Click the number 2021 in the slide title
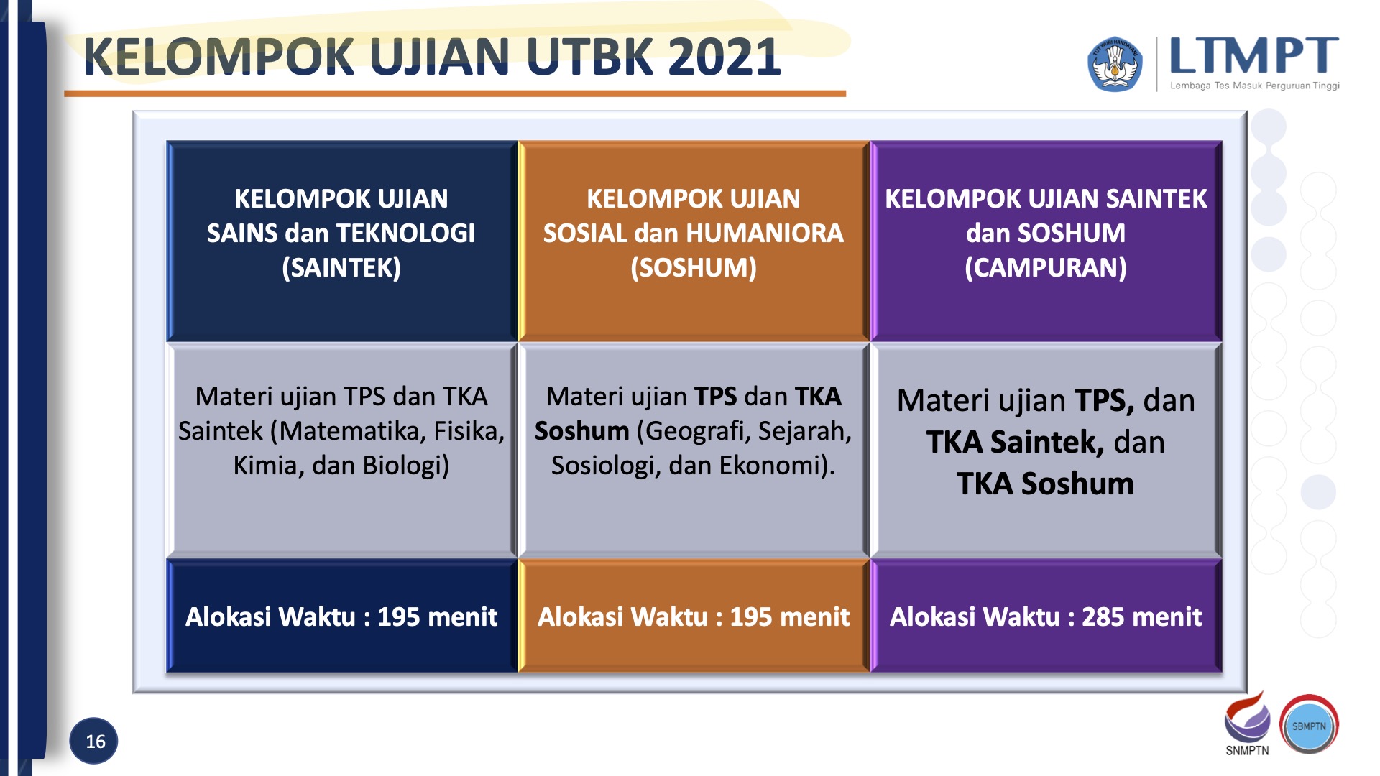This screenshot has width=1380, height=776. (724, 57)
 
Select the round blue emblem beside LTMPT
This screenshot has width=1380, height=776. (1114, 65)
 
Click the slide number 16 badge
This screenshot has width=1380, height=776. (94, 741)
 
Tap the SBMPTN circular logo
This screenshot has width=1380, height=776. (1309, 726)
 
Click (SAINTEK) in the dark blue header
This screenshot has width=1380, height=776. (341, 268)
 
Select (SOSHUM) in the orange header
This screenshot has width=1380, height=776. (694, 268)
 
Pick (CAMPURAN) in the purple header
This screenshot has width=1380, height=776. (1046, 268)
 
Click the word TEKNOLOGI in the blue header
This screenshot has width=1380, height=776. (406, 234)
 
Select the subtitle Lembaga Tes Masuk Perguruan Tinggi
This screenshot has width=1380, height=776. (1254, 86)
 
